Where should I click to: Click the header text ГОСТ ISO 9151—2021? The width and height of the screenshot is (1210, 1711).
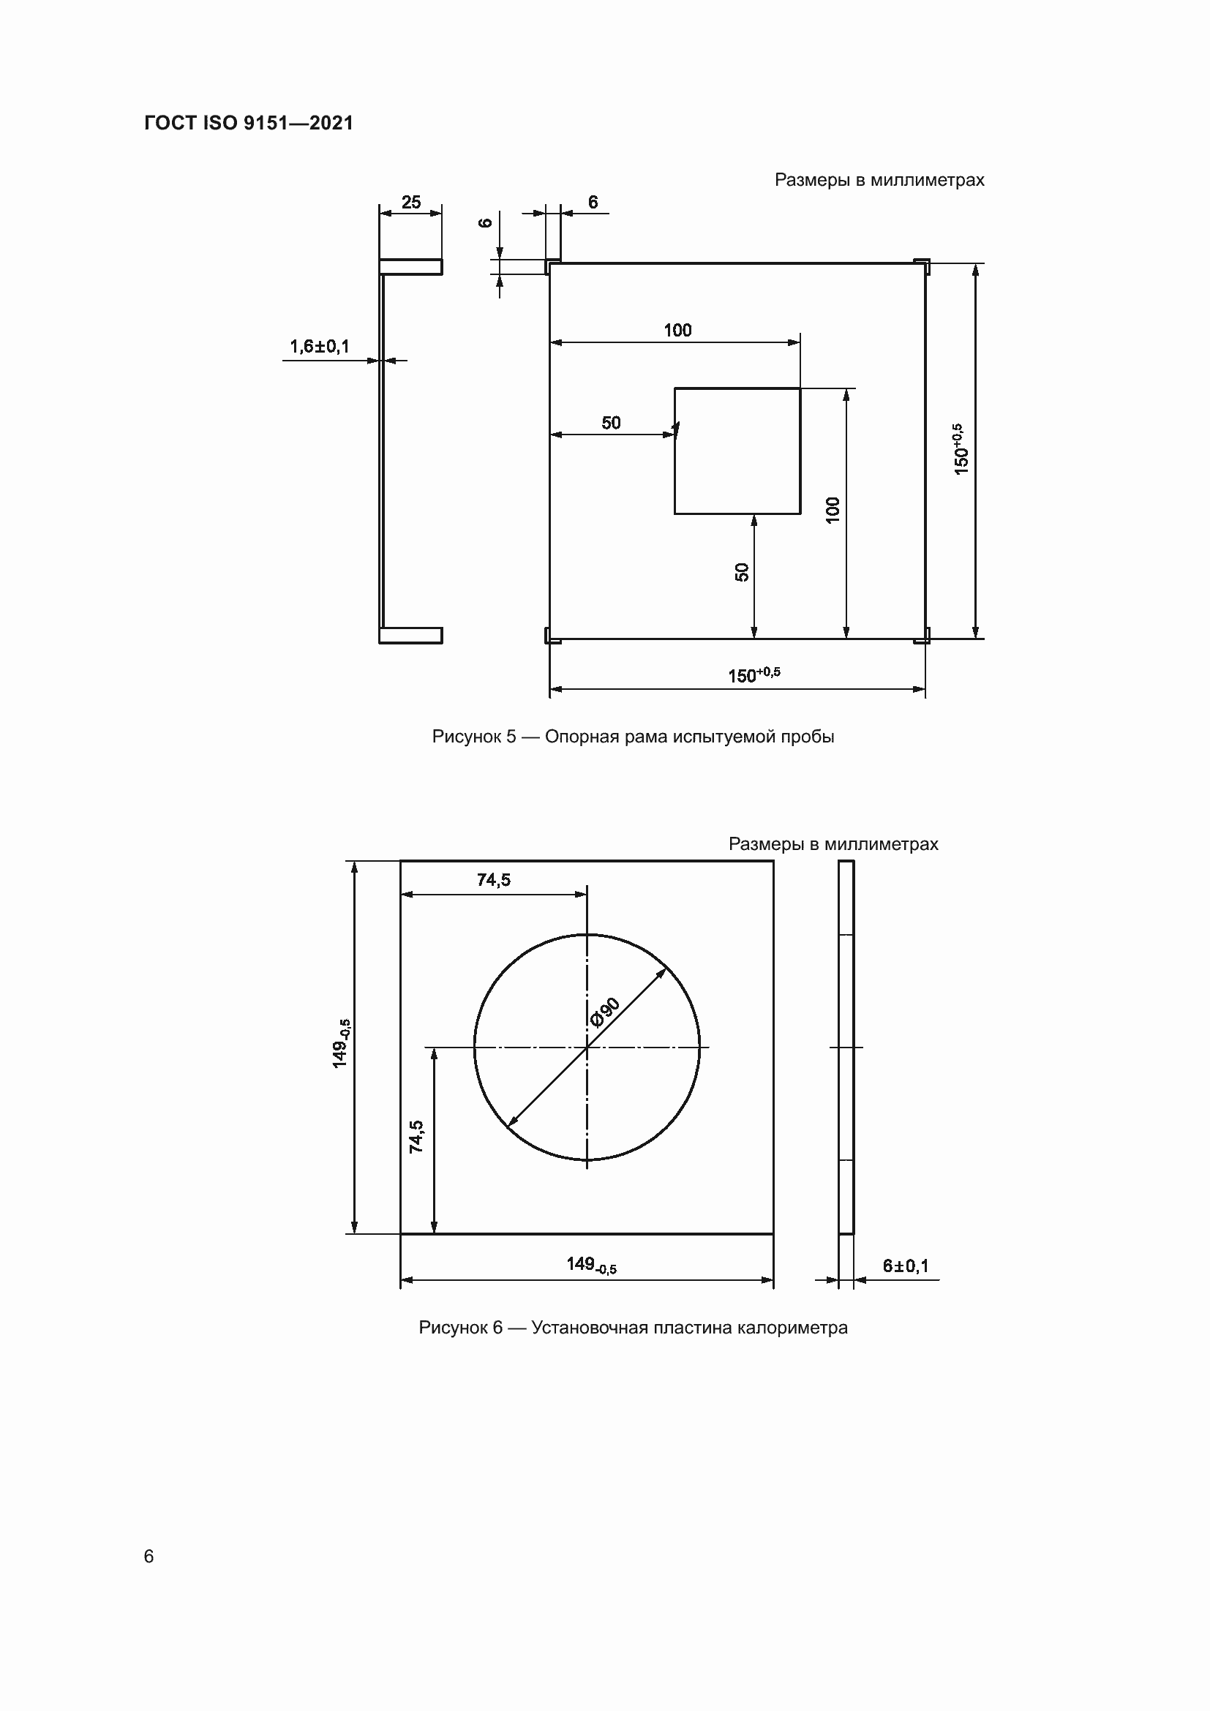(x=248, y=123)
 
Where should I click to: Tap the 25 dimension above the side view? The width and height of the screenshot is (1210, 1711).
(x=410, y=202)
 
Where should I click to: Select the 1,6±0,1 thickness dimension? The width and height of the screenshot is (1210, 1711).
(x=319, y=347)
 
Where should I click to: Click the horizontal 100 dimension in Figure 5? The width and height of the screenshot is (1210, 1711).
(x=677, y=330)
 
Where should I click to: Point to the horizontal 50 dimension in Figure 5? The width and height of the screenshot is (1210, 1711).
(x=610, y=423)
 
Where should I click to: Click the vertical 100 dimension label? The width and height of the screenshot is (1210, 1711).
(x=833, y=509)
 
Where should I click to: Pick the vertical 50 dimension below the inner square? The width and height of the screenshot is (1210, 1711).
(x=741, y=572)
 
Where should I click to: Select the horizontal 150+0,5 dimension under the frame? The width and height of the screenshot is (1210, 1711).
(x=754, y=675)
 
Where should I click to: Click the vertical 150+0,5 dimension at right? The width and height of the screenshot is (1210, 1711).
(x=960, y=449)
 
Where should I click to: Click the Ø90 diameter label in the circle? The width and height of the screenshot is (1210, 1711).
(x=604, y=1012)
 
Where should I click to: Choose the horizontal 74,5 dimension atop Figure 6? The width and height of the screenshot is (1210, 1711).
(x=493, y=880)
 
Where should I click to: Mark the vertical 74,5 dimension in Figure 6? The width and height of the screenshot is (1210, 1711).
(x=416, y=1137)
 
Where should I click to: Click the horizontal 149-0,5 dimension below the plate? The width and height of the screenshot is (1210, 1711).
(x=591, y=1264)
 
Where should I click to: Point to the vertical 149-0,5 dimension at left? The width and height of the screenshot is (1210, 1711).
(x=340, y=1043)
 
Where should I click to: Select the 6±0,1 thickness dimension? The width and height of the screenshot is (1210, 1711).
(x=905, y=1266)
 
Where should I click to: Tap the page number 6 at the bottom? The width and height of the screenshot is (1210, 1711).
(x=149, y=1556)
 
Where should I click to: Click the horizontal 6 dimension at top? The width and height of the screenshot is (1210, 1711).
(x=593, y=202)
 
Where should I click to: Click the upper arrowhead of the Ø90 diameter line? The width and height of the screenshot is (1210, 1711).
(x=661, y=971)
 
